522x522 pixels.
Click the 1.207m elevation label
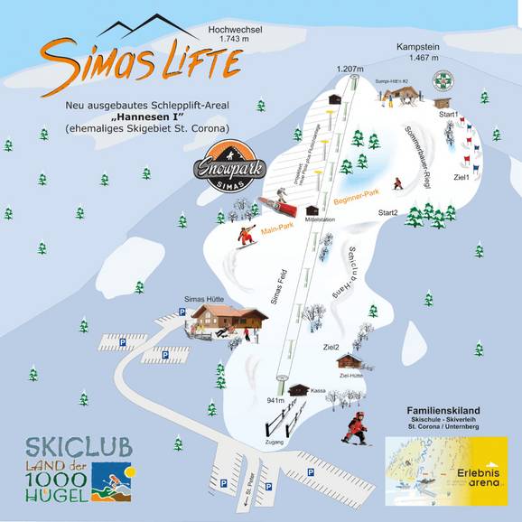pyautogui.click(x=349, y=70)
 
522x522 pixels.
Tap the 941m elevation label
pyautogui.click(x=275, y=397)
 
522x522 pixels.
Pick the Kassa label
pyautogui.click(x=318, y=391)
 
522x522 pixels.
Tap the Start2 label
pyautogui.click(x=387, y=213)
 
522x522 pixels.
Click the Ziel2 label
pyautogui.click(x=331, y=347)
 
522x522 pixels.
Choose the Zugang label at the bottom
pyautogui.click(x=275, y=443)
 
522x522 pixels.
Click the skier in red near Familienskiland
pyautogui.click(x=358, y=428)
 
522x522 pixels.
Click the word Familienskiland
pyautogui.click(x=443, y=410)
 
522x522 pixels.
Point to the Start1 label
pyautogui.click(x=449, y=115)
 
